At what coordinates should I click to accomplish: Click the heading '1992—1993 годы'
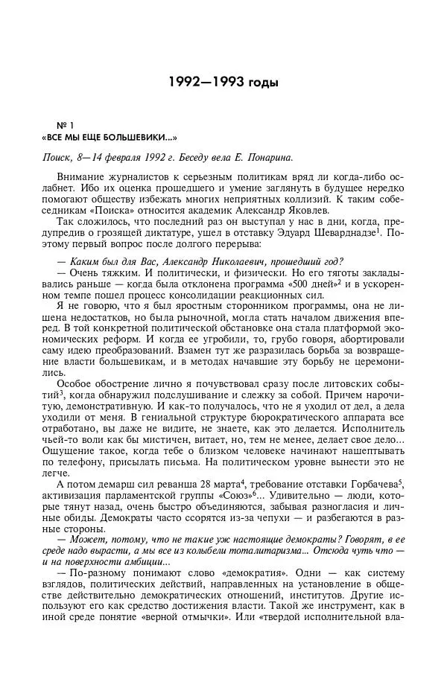click(223, 82)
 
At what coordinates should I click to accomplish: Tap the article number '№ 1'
click(66, 124)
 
